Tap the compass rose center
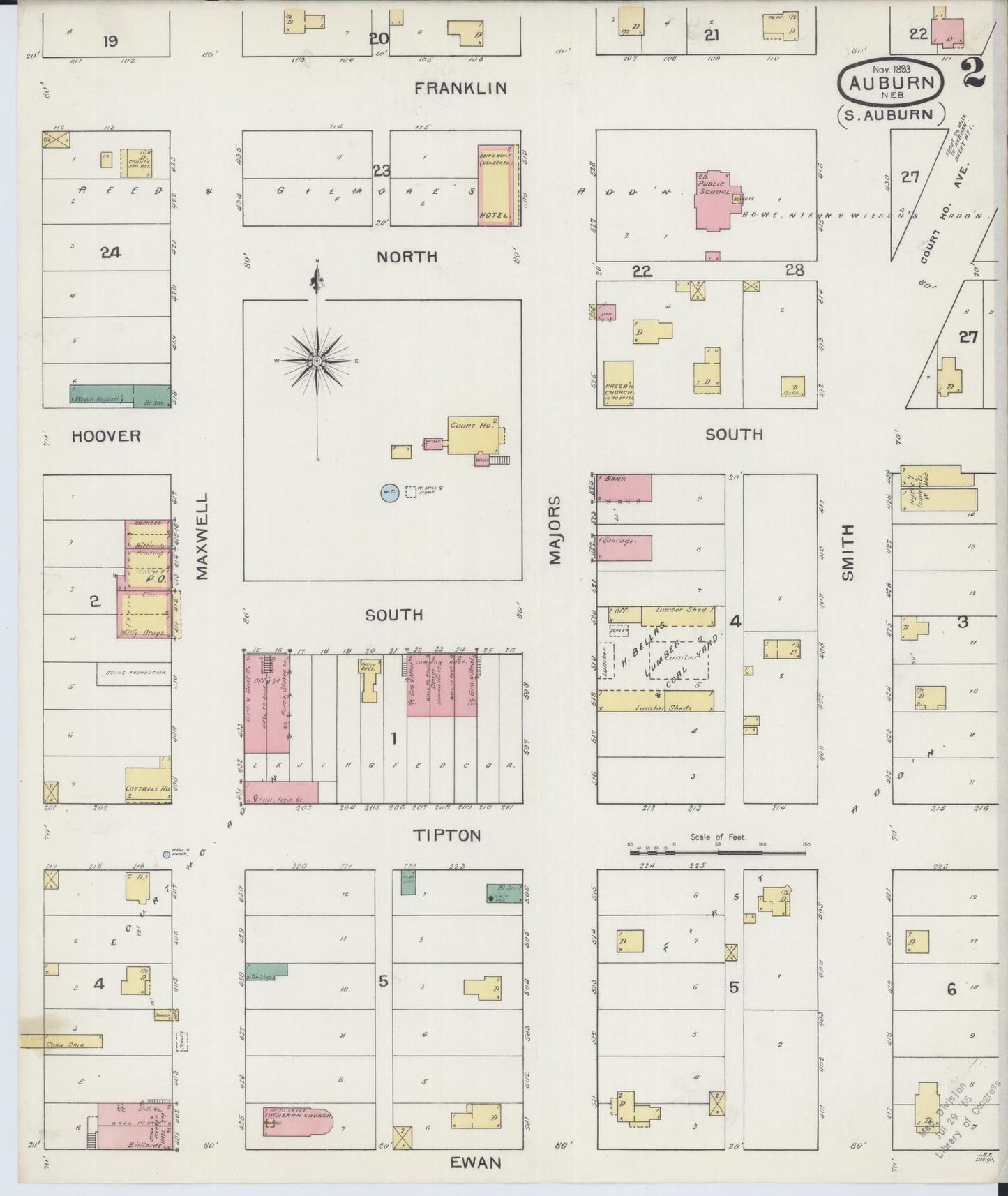click(317, 361)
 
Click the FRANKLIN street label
click(460, 89)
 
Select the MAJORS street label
click(555, 530)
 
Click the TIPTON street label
click(447, 835)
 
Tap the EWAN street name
click(475, 1163)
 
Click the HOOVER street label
click(106, 436)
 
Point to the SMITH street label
click(848, 552)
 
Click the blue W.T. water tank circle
click(389, 493)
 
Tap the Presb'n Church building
click(618, 383)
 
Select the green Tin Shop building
click(266, 971)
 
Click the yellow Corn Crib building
click(61, 1041)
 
